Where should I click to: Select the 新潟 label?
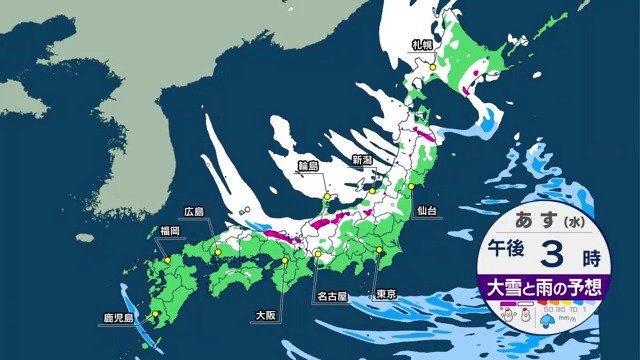coord(364,161)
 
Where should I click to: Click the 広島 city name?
coord(194,212)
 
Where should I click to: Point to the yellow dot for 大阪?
coord(284,261)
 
